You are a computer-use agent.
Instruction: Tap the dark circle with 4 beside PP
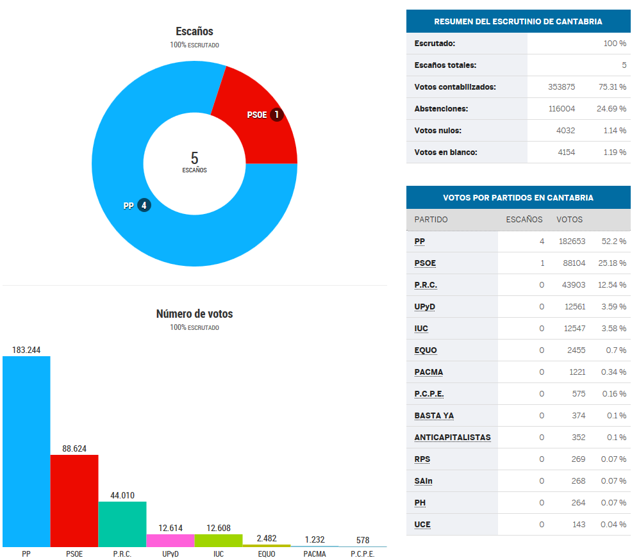(144, 206)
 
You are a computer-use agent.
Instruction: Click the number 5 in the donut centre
(194, 158)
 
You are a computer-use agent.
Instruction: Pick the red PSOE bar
(74, 500)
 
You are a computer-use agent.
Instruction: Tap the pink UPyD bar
(170, 540)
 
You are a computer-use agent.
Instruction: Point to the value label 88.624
(74, 448)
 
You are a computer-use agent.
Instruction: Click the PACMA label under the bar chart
(315, 554)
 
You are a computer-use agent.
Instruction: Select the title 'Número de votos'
(194, 314)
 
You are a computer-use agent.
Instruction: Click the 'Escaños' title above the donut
(194, 31)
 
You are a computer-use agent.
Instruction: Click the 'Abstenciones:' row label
(441, 109)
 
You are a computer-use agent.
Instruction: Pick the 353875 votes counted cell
(561, 87)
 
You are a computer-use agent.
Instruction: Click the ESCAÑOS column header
(524, 220)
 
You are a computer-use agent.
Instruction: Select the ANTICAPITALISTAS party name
(452, 438)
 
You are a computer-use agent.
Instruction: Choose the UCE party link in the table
(422, 525)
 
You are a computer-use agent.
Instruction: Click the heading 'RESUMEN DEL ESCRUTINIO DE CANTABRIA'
(518, 22)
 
